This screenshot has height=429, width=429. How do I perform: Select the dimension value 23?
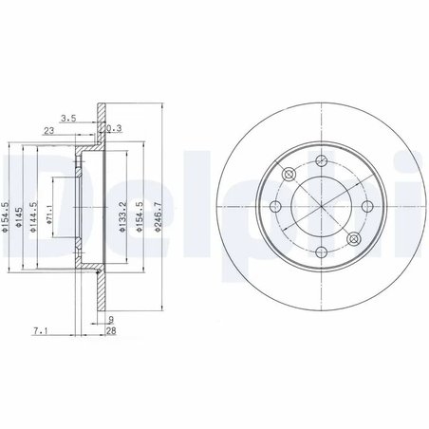pyautogui.click(x=47, y=132)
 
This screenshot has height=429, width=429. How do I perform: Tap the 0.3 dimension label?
pyautogui.click(x=116, y=129)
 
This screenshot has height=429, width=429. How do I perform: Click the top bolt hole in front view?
pyautogui.click(x=321, y=159)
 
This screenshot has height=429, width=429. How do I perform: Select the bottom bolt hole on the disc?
pyautogui.click(x=321, y=252)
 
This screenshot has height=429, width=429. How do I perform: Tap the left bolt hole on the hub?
pyautogui.click(x=274, y=206)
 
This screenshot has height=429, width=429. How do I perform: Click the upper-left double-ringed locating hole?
pyautogui.click(x=289, y=174)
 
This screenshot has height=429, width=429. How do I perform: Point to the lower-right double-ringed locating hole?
pyautogui.click(x=353, y=238)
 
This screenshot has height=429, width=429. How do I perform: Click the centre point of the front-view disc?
pyautogui.click(x=321, y=206)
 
